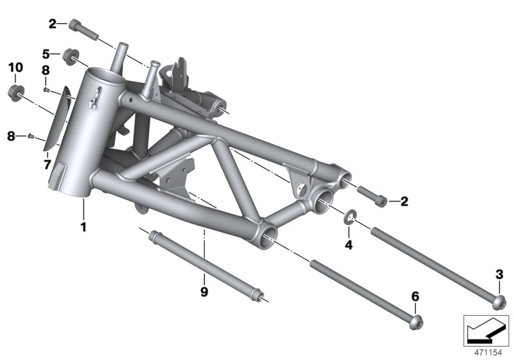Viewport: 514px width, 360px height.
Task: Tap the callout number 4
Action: tap(348, 245)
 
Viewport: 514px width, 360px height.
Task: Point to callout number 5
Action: tap(46, 53)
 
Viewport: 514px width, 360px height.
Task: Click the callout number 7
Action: tap(47, 165)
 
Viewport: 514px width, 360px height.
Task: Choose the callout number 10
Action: tap(15, 67)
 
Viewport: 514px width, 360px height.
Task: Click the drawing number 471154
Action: tap(487, 352)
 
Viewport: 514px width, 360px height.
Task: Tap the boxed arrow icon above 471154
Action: tap(486, 330)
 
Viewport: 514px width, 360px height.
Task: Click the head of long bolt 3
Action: tap(499, 300)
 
